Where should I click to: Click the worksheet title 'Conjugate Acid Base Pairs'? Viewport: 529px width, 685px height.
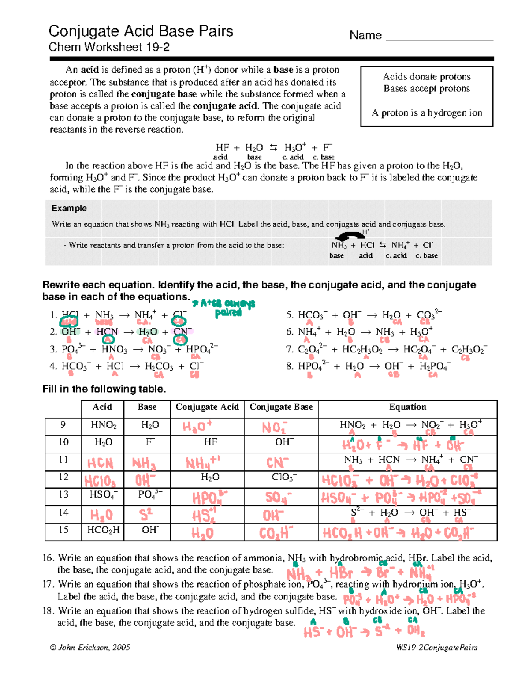coord(141,31)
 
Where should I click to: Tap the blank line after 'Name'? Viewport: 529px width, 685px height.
coord(439,37)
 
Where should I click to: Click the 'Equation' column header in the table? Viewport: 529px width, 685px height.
coord(407,407)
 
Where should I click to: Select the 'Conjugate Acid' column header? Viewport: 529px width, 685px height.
coord(207,407)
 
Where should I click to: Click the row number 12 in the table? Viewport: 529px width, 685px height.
coord(63,477)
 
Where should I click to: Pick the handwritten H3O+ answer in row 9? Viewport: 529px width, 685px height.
coord(197,427)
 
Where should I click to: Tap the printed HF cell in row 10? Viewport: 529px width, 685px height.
coord(210,442)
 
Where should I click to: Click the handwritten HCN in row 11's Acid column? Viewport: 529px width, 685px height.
coord(100,463)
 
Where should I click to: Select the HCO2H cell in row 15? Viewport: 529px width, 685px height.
coord(103,530)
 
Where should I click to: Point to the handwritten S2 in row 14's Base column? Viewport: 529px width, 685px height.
coord(146,515)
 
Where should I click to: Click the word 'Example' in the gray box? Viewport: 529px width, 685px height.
coord(69,208)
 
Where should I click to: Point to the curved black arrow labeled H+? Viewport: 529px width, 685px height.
coord(350,236)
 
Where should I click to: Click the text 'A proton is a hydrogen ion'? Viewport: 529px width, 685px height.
coord(426,113)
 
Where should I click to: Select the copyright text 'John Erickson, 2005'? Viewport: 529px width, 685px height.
coord(90,648)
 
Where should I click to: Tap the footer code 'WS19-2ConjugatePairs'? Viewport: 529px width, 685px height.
coord(436,648)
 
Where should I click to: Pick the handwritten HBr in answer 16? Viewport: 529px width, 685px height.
coord(341,573)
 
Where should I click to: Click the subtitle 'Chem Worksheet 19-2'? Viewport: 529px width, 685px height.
coord(109,47)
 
